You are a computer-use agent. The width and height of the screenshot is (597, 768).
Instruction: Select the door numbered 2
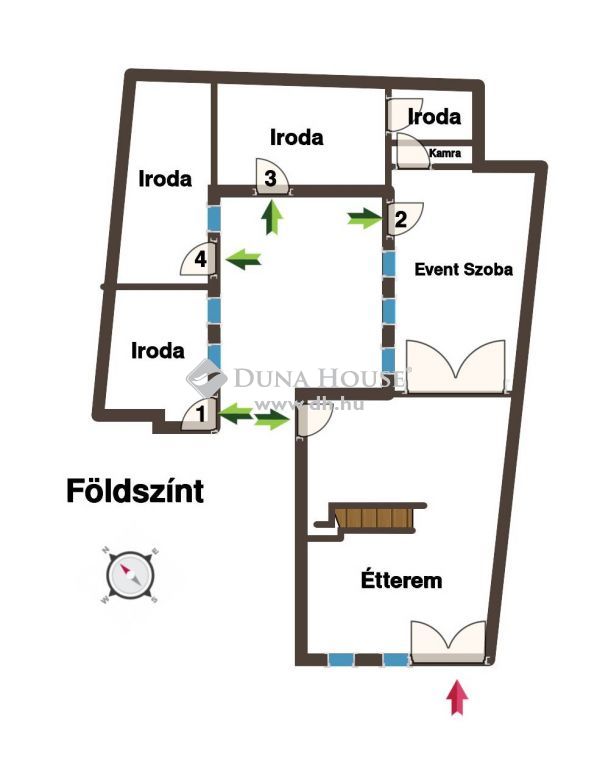[406, 219]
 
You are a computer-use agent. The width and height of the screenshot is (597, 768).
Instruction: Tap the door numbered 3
[272, 176]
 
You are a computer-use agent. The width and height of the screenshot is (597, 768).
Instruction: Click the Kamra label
[445, 153]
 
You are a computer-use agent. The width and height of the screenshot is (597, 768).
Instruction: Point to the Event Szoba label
[463, 269]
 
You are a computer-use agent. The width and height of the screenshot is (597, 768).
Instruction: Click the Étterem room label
[401, 580]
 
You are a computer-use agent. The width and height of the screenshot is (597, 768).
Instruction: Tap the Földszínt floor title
[135, 491]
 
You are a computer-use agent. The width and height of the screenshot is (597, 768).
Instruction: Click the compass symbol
[130, 575]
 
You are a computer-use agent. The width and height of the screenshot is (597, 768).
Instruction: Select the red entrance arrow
[457, 697]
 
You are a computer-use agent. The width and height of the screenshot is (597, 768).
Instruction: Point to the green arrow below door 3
[272, 218]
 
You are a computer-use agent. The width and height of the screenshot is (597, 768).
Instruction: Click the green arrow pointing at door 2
[364, 218]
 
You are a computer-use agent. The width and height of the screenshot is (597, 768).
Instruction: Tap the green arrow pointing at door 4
[242, 259]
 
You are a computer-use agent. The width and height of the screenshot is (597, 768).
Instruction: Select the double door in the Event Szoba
[456, 366]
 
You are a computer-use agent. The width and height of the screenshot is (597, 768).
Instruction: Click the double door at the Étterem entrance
[448, 642]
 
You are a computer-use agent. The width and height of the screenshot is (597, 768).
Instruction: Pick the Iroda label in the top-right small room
[434, 117]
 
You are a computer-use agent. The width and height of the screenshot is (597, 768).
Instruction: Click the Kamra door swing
[414, 149]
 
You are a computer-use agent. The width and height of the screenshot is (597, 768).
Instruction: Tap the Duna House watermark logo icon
[206, 378]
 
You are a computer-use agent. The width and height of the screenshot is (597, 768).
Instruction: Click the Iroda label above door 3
[297, 138]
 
